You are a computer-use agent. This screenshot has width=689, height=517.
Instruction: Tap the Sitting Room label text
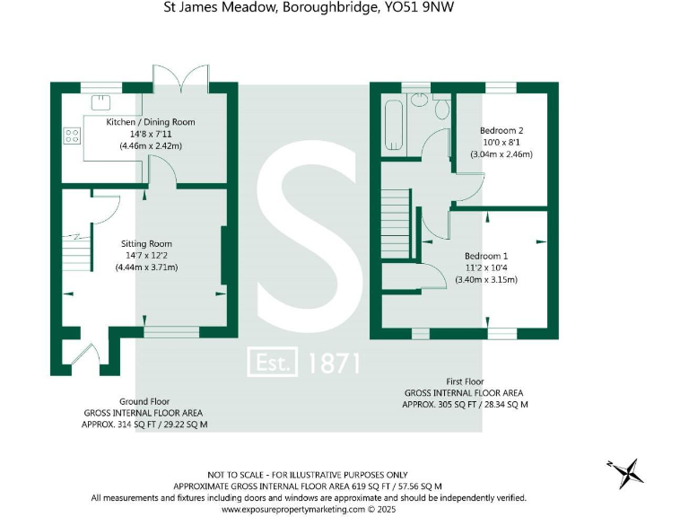pyautogui.click(x=146, y=243)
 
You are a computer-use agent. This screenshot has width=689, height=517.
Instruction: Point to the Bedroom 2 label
pyautogui.click(x=501, y=130)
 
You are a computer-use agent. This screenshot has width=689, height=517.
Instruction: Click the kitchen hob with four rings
pyautogui.click(x=72, y=136)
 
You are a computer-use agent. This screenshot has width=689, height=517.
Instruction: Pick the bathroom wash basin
pyautogui.click(x=420, y=99)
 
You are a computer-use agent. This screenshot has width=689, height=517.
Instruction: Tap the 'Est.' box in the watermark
pyautogui.click(x=273, y=363)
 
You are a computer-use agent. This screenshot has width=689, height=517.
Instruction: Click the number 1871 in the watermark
pyautogui.click(x=334, y=363)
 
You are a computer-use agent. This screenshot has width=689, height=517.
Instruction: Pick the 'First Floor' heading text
pyautogui.click(x=466, y=381)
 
